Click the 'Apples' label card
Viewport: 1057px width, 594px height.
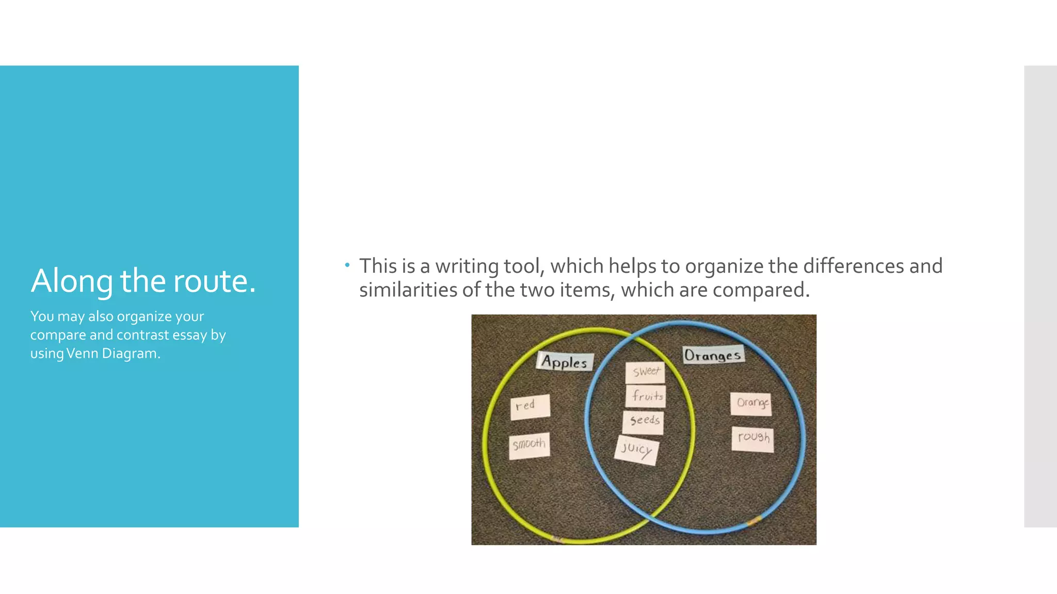point(565,361)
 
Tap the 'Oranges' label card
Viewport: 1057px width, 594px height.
point(713,355)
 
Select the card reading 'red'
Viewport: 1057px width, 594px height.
point(530,406)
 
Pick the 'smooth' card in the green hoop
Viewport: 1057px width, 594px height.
point(529,445)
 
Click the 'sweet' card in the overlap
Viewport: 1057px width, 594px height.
point(645,372)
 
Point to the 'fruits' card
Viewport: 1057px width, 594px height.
point(646,396)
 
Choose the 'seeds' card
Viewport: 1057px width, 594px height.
point(644,421)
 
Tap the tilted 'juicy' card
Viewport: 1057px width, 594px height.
point(636,450)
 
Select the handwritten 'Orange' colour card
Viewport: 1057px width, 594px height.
point(751,403)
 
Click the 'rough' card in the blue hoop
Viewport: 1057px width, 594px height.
point(753,439)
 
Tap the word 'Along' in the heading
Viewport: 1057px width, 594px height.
point(72,282)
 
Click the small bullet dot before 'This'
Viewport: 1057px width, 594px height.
point(347,266)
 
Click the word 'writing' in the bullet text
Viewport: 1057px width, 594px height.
point(467,266)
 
